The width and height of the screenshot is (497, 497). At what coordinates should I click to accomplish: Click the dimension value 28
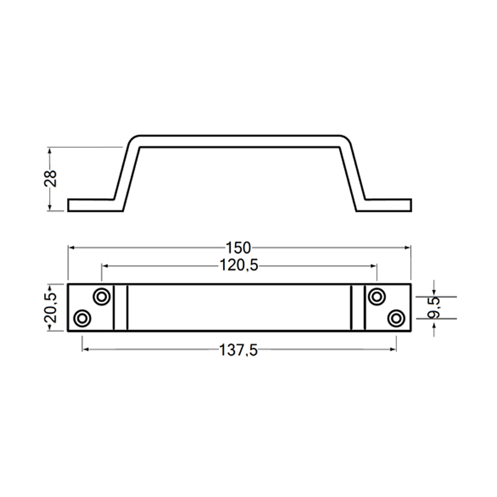52,179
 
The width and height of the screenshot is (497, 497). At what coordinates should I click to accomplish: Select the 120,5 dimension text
239,265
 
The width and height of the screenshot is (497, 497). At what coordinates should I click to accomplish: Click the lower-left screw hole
81,319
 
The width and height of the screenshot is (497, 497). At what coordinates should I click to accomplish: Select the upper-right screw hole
375,296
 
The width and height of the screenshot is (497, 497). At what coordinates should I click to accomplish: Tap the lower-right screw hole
395,319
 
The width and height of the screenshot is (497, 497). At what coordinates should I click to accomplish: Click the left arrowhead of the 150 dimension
71,247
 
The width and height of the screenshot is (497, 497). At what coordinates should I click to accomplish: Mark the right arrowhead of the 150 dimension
408,247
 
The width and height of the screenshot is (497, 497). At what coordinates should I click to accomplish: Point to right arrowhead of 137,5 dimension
393,350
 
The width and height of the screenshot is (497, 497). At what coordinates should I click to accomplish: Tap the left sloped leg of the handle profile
126,171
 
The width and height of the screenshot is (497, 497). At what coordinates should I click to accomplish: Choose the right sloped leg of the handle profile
352,171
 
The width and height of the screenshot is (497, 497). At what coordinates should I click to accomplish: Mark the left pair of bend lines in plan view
121,308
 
